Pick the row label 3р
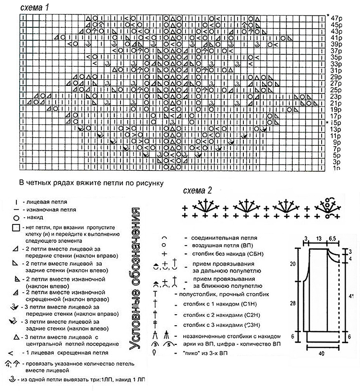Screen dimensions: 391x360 336,162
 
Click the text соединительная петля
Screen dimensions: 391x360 224,237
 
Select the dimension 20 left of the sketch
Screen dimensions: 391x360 292,264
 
